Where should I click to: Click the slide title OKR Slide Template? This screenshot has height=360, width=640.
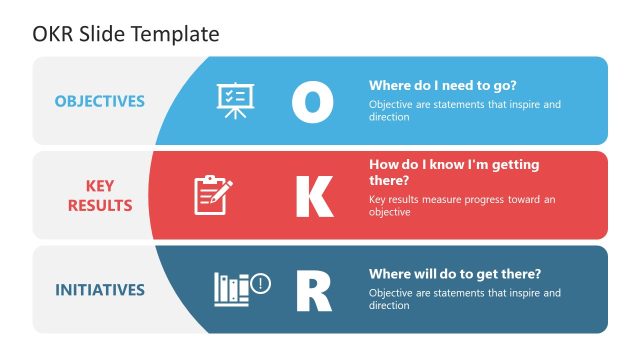tap(126, 33)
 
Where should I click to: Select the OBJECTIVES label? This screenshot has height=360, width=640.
tap(99, 101)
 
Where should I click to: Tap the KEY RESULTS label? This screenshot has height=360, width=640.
tap(100, 196)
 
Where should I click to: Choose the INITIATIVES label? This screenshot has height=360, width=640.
tap(99, 290)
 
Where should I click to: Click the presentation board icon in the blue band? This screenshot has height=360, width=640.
tap(233, 101)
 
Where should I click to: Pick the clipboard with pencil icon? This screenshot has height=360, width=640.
tap(213, 195)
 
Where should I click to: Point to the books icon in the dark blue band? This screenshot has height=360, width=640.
tap(232, 290)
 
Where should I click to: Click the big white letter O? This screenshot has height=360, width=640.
tap(312, 102)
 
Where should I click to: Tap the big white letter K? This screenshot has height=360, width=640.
tap(313, 196)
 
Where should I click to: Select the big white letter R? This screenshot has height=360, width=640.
tap(313, 291)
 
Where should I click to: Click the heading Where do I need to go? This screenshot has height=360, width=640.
tap(443, 85)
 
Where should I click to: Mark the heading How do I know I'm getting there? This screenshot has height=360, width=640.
tap(453, 172)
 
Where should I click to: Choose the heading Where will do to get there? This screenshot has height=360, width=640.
tap(455, 274)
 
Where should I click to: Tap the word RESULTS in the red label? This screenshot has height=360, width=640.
tap(100, 206)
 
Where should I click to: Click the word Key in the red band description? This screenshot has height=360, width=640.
tap(378, 199)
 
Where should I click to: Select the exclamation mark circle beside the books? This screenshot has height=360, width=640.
tap(262, 284)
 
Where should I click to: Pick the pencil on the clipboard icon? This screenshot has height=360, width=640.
tap(223, 188)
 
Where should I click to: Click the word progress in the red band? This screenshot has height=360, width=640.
tap(478, 199)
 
